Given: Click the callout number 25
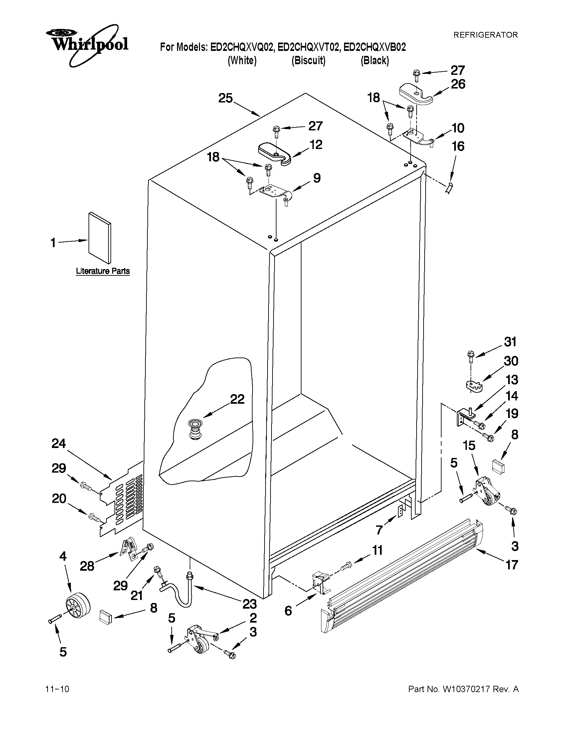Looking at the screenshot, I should [225, 98].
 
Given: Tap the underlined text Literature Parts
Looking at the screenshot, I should [102, 271].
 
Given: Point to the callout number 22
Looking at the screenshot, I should [237, 399].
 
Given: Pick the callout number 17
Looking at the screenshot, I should [512, 565].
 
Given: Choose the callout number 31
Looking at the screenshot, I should [511, 342].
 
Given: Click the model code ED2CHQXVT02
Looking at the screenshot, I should [308, 47].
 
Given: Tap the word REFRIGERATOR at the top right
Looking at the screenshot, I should [485, 35].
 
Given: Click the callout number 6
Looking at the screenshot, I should [288, 611].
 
